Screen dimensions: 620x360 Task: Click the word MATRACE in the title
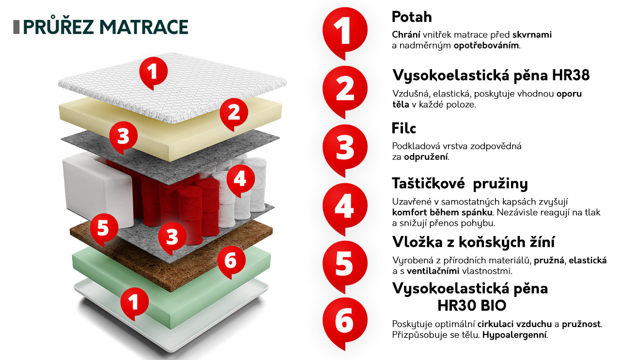tap(144, 27)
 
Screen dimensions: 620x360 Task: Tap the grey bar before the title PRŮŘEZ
tap(16, 27)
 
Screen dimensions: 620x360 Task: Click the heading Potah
tap(412, 17)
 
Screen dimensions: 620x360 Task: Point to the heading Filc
tap(404, 128)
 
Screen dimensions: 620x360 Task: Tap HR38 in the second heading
tap(571, 75)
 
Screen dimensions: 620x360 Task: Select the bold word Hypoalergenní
tap(514, 335)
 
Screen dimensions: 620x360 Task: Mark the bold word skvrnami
tap(532, 34)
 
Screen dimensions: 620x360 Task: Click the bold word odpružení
tap(426, 157)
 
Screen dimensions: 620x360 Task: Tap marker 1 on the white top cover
tap(154, 73)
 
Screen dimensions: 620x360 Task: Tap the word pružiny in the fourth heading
tap(500, 184)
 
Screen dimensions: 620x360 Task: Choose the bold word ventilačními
tap(433, 271)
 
